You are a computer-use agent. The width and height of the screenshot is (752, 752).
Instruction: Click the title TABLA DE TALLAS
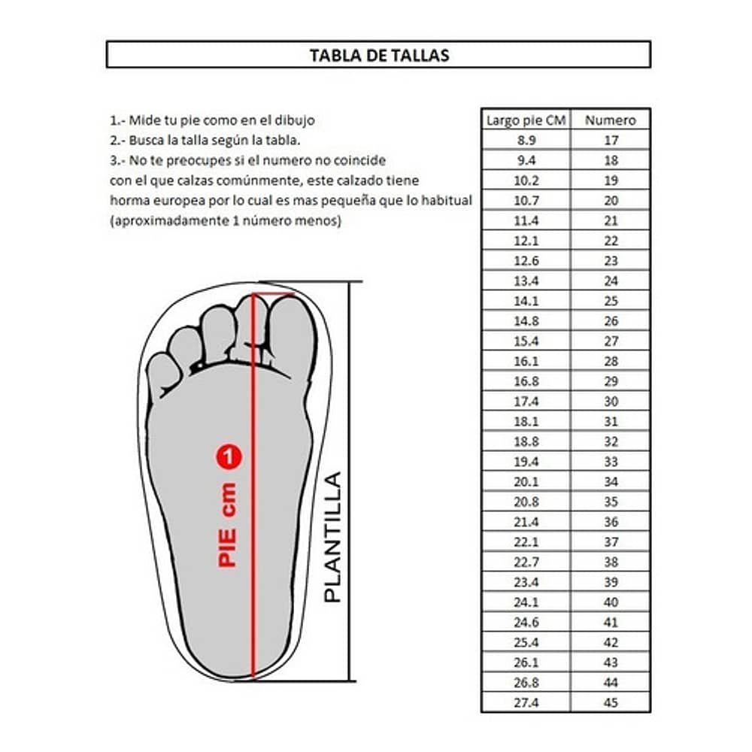tap(379, 55)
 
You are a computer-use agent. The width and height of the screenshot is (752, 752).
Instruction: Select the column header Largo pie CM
tap(526, 120)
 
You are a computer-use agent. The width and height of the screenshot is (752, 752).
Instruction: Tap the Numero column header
tap(611, 120)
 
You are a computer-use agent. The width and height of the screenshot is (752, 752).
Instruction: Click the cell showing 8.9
tap(526, 140)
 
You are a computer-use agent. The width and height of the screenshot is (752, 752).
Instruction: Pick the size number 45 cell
tap(611, 702)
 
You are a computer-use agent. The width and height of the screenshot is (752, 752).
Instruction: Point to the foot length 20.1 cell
tap(526, 481)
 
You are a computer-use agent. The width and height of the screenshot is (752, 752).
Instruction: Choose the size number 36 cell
tap(611, 522)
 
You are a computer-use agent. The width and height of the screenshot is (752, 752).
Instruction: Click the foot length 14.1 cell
tap(526, 301)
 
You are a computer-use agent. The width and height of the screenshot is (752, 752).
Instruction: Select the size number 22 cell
tap(611, 240)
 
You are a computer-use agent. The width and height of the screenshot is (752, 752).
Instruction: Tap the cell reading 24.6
tap(526, 622)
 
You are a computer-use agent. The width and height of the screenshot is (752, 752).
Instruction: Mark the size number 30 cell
tap(611, 402)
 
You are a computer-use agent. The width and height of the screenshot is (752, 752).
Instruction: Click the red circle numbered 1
tap(228, 456)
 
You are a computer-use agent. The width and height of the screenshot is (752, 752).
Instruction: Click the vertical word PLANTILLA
tap(332, 536)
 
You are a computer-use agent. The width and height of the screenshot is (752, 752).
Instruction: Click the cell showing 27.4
tap(526, 702)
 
